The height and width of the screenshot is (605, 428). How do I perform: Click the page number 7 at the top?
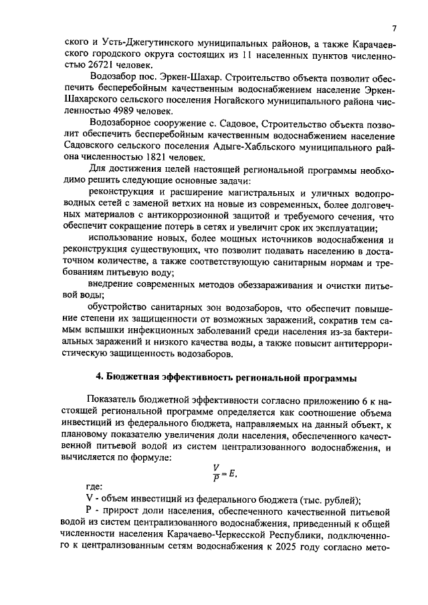394,28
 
